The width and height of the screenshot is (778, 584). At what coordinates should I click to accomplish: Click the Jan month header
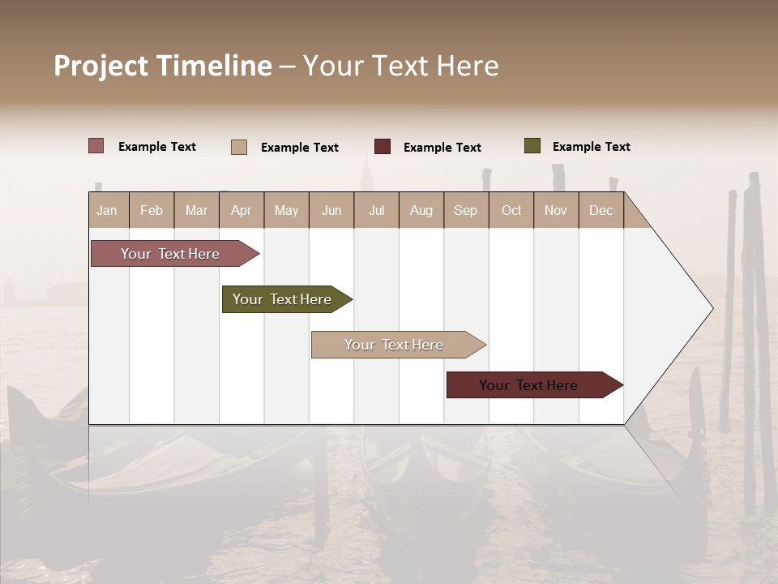108,210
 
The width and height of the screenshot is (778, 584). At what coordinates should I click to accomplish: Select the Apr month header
242,210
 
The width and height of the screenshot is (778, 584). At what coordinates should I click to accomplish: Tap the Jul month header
376,210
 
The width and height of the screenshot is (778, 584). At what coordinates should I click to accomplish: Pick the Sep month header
465,210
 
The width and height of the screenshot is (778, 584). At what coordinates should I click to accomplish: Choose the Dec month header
601,210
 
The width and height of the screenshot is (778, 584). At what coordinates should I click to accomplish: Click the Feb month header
152,210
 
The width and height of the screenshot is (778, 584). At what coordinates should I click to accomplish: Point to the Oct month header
511,210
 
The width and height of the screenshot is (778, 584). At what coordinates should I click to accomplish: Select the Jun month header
331,210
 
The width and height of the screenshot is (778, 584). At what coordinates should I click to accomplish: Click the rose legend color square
96,146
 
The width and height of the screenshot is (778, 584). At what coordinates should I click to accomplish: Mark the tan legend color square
239,147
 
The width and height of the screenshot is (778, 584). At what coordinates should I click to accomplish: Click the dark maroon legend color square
383,147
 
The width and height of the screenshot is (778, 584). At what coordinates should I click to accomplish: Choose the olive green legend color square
532,146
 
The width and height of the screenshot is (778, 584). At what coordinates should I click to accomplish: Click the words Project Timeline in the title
162,66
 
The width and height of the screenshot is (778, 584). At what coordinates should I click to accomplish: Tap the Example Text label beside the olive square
591,147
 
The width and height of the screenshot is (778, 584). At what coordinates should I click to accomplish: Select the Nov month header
556,210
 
